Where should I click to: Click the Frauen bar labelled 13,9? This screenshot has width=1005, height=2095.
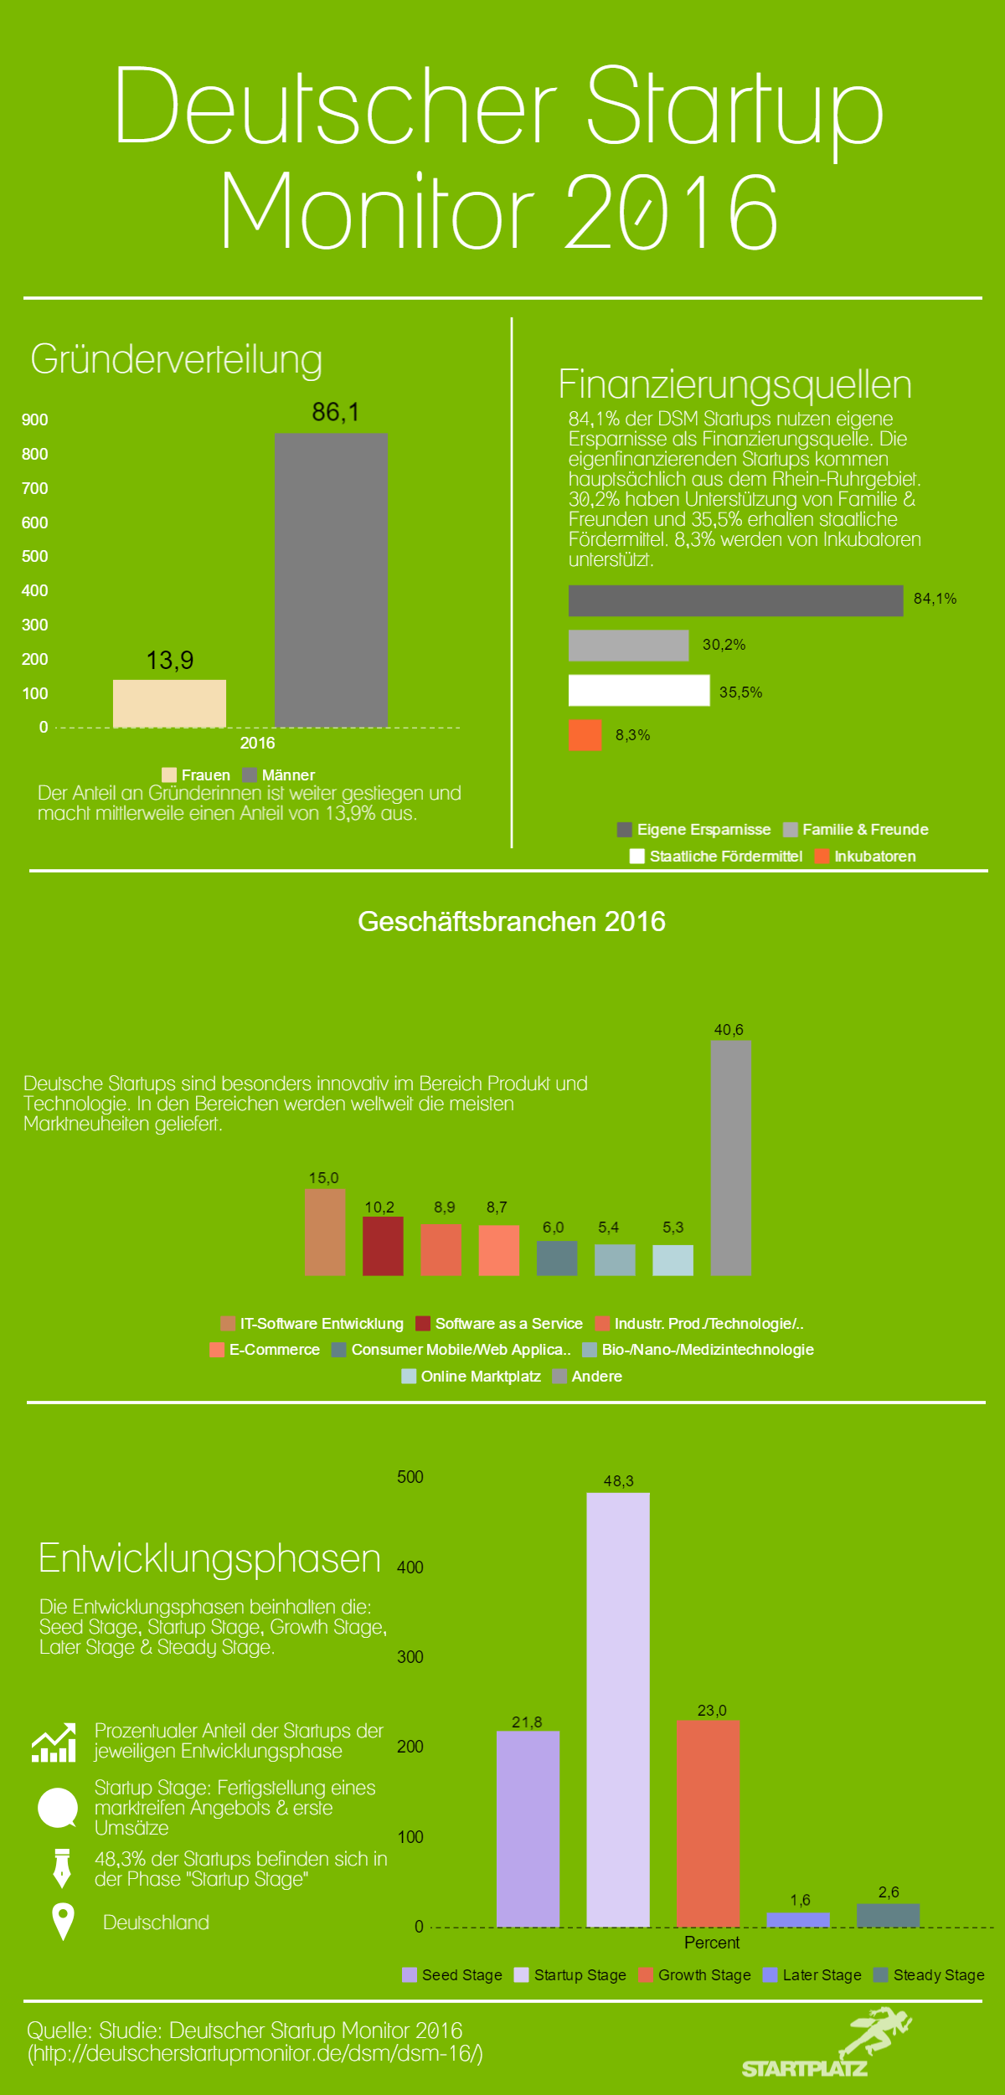[x=169, y=703]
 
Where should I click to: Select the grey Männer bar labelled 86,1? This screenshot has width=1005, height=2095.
[x=331, y=579]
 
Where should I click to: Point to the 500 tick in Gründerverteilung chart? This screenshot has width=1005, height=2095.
[x=35, y=557]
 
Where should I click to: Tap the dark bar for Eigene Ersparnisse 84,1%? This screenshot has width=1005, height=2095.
[x=735, y=600]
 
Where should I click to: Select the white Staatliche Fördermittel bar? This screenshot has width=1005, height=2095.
[x=638, y=691]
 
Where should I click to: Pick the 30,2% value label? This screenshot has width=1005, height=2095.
[x=724, y=645]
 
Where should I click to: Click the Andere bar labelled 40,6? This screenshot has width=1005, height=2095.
[x=730, y=1157]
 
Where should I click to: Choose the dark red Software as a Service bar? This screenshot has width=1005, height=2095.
[x=383, y=1246]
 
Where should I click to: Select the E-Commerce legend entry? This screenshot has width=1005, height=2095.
[x=265, y=1350]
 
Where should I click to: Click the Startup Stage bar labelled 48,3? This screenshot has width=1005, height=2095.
[x=618, y=1709]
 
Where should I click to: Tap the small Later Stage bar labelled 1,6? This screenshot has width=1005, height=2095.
[x=798, y=1919]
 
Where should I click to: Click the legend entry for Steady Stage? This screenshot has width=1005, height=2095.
[x=929, y=1975]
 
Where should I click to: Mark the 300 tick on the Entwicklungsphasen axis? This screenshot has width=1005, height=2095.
[x=410, y=1657]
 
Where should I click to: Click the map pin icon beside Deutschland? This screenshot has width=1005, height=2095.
[x=63, y=1921]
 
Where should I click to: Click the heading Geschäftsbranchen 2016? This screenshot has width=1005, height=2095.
[x=512, y=922]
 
